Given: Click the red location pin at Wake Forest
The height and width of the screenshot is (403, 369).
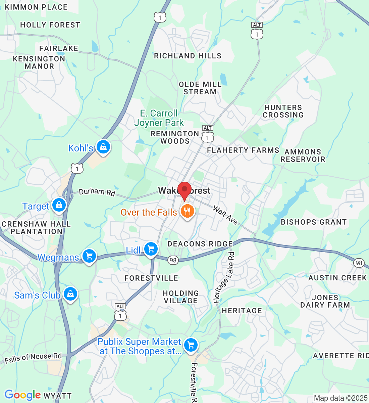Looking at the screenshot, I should pyautogui.click(x=184, y=190).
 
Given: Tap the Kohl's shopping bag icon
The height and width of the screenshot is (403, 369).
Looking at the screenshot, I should pyautogui.click(x=103, y=147).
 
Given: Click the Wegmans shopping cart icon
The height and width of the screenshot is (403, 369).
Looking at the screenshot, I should pyautogui.click(x=89, y=256).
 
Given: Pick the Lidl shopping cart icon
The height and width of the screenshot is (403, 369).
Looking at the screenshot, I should pyautogui.click(x=151, y=249).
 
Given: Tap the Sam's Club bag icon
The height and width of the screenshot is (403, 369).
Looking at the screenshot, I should pyautogui.click(x=70, y=294).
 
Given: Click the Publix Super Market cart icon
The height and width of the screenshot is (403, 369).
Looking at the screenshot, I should pyautogui.click(x=191, y=345).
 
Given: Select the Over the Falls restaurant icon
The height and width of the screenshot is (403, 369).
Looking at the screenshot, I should pyautogui.click(x=187, y=211).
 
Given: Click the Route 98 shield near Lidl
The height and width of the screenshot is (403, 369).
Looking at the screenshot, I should pyautogui.click(x=173, y=260).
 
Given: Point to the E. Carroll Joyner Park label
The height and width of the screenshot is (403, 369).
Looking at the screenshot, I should pyautogui.click(x=159, y=118).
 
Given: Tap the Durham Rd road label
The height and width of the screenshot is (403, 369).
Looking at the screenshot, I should pyautogui.click(x=97, y=192).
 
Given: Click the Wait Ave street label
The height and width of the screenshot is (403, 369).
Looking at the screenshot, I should pyautogui.click(x=225, y=215).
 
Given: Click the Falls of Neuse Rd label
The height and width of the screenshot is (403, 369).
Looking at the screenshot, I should pyautogui.click(x=33, y=358).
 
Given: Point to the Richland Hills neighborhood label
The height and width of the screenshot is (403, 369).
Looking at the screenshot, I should pyautogui.click(x=188, y=56).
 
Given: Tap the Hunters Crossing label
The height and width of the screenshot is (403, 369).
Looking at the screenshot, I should pyautogui.click(x=283, y=111).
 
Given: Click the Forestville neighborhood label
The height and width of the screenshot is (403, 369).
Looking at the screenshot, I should pyautogui.click(x=151, y=278).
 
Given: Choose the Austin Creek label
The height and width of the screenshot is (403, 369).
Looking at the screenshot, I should pyautogui.click(x=337, y=278).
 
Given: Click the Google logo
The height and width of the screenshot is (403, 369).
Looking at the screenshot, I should pyautogui.click(x=22, y=395).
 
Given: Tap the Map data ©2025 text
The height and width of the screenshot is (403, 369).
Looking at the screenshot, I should pyautogui.click(x=340, y=398).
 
